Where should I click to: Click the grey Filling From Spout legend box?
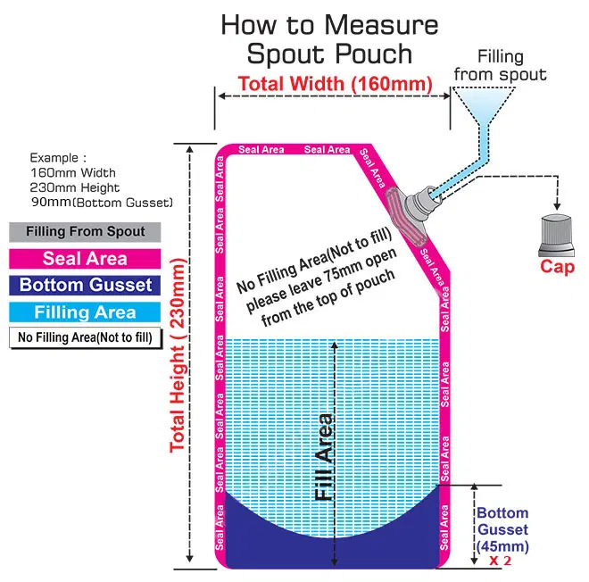[86, 232]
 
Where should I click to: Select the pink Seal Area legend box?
[86, 259]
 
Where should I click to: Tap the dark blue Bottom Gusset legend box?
[86, 286]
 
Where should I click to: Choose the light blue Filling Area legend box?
[86, 312]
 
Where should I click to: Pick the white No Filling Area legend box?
[86, 337]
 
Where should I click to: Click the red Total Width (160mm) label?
[334, 84]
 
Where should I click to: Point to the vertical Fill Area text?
[325, 456]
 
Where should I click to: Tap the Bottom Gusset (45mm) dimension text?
[502, 529]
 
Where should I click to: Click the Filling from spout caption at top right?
[500, 64]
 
